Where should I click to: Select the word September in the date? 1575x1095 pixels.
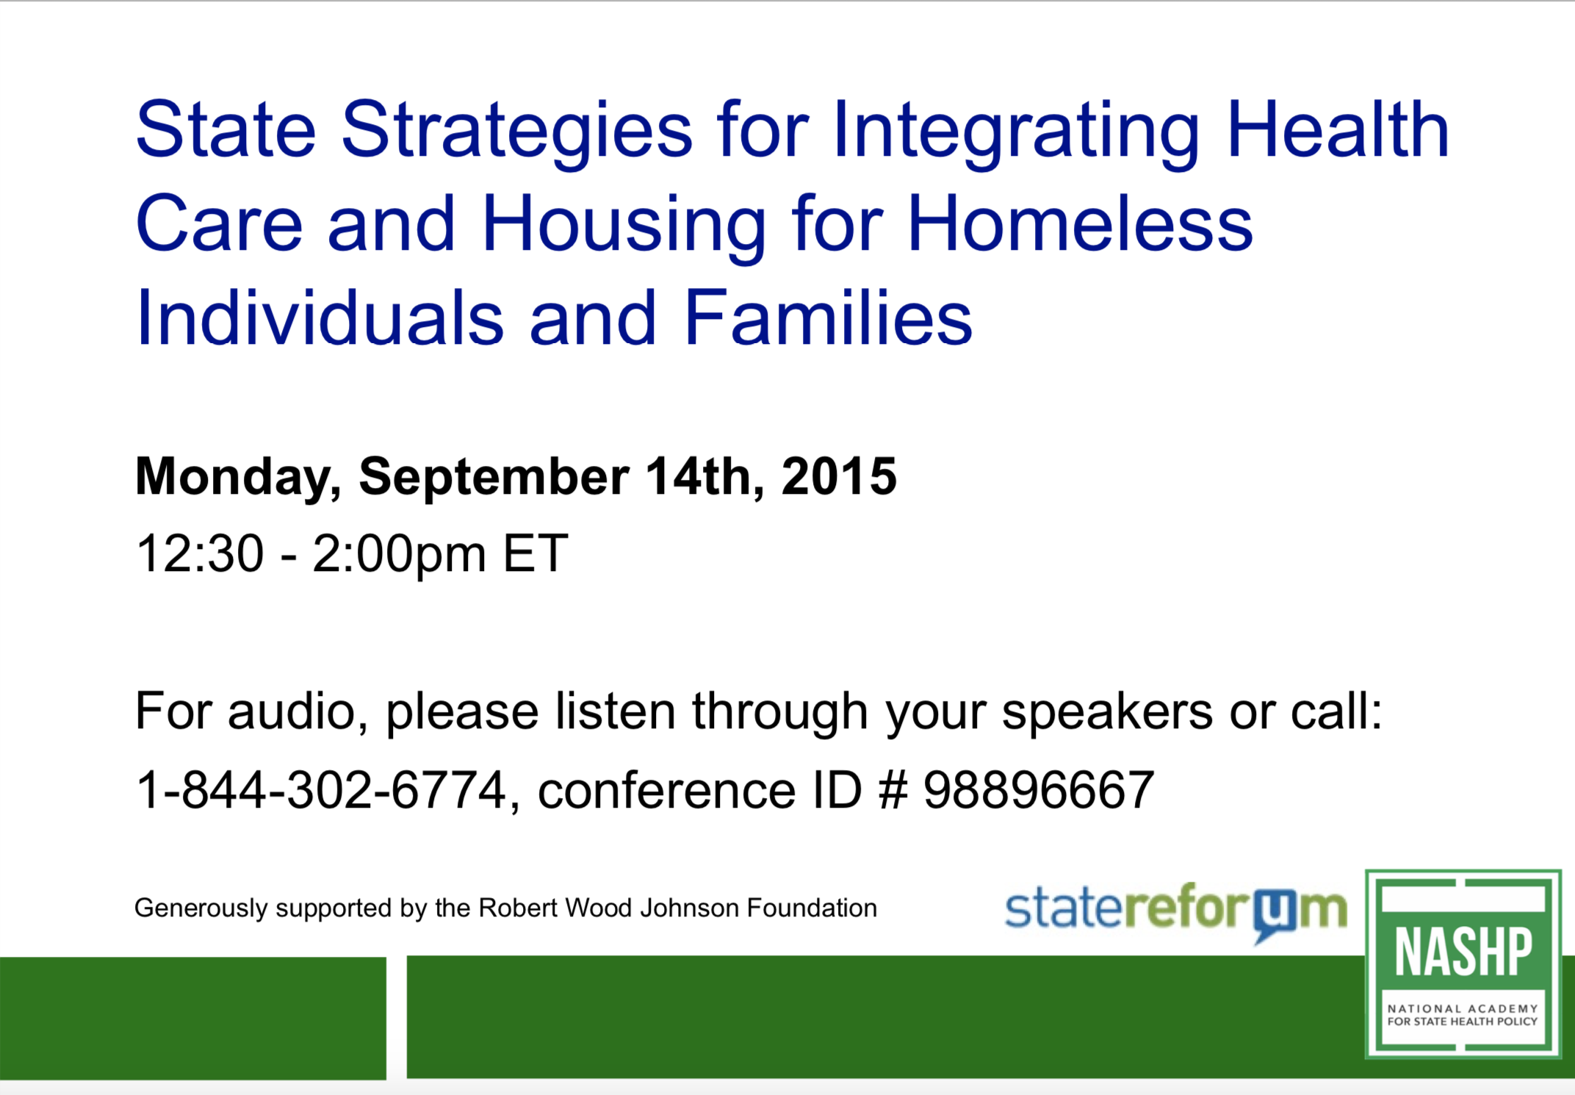click(x=494, y=478)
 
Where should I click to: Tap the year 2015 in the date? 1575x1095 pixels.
click(x=839, y=476)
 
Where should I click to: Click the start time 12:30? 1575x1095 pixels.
click(x=200, y=553)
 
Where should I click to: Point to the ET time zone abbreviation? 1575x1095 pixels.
click(x=535, y=553)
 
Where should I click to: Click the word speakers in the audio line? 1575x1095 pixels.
click(x=1107, y=713)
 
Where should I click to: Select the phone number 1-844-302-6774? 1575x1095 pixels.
click(x=321, y=790)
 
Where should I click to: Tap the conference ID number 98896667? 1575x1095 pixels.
click(x=1039, y=790)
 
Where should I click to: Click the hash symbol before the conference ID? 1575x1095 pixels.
click(x=893, y=790)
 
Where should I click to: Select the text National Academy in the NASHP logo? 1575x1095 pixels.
click(x=1463, y=1009)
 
